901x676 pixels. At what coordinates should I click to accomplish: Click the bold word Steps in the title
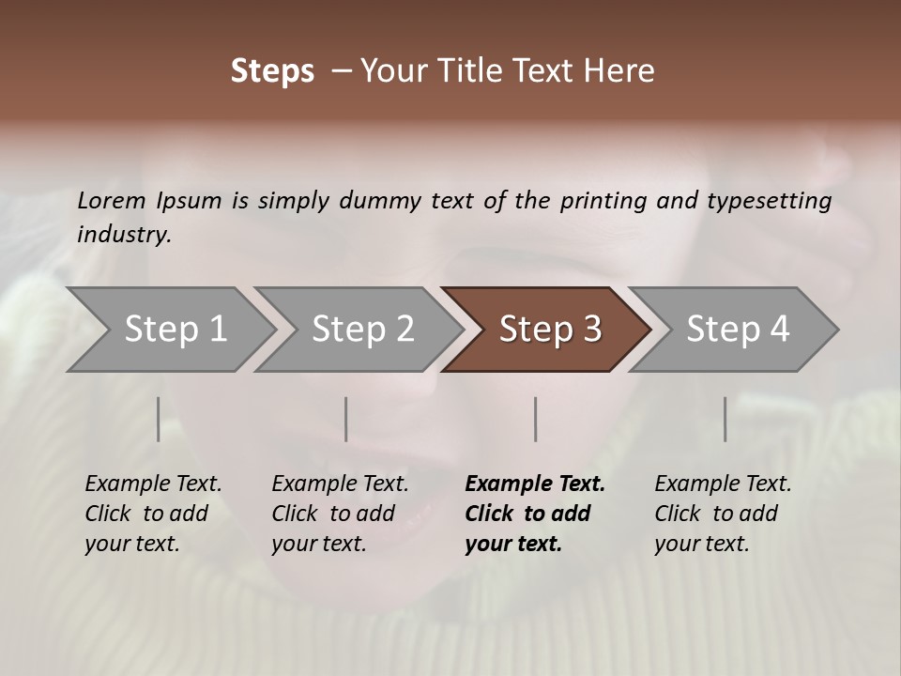tap(272, 71)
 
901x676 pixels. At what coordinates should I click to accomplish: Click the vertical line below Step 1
tap(159, 419)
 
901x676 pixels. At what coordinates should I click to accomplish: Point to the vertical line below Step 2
tap(346, 419)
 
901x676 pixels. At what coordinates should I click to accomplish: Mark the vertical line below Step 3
tap(536, 419)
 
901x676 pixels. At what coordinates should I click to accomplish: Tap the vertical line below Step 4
tap(725, 419)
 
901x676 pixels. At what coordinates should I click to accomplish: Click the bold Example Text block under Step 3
tap(535, 514)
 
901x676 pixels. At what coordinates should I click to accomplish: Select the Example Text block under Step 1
tap(153, 514)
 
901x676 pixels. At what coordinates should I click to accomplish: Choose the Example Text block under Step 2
tap(340, 514)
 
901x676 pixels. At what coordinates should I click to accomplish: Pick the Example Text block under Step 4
tap(723, 514)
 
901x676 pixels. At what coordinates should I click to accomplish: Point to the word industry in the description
tap(124, 235)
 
